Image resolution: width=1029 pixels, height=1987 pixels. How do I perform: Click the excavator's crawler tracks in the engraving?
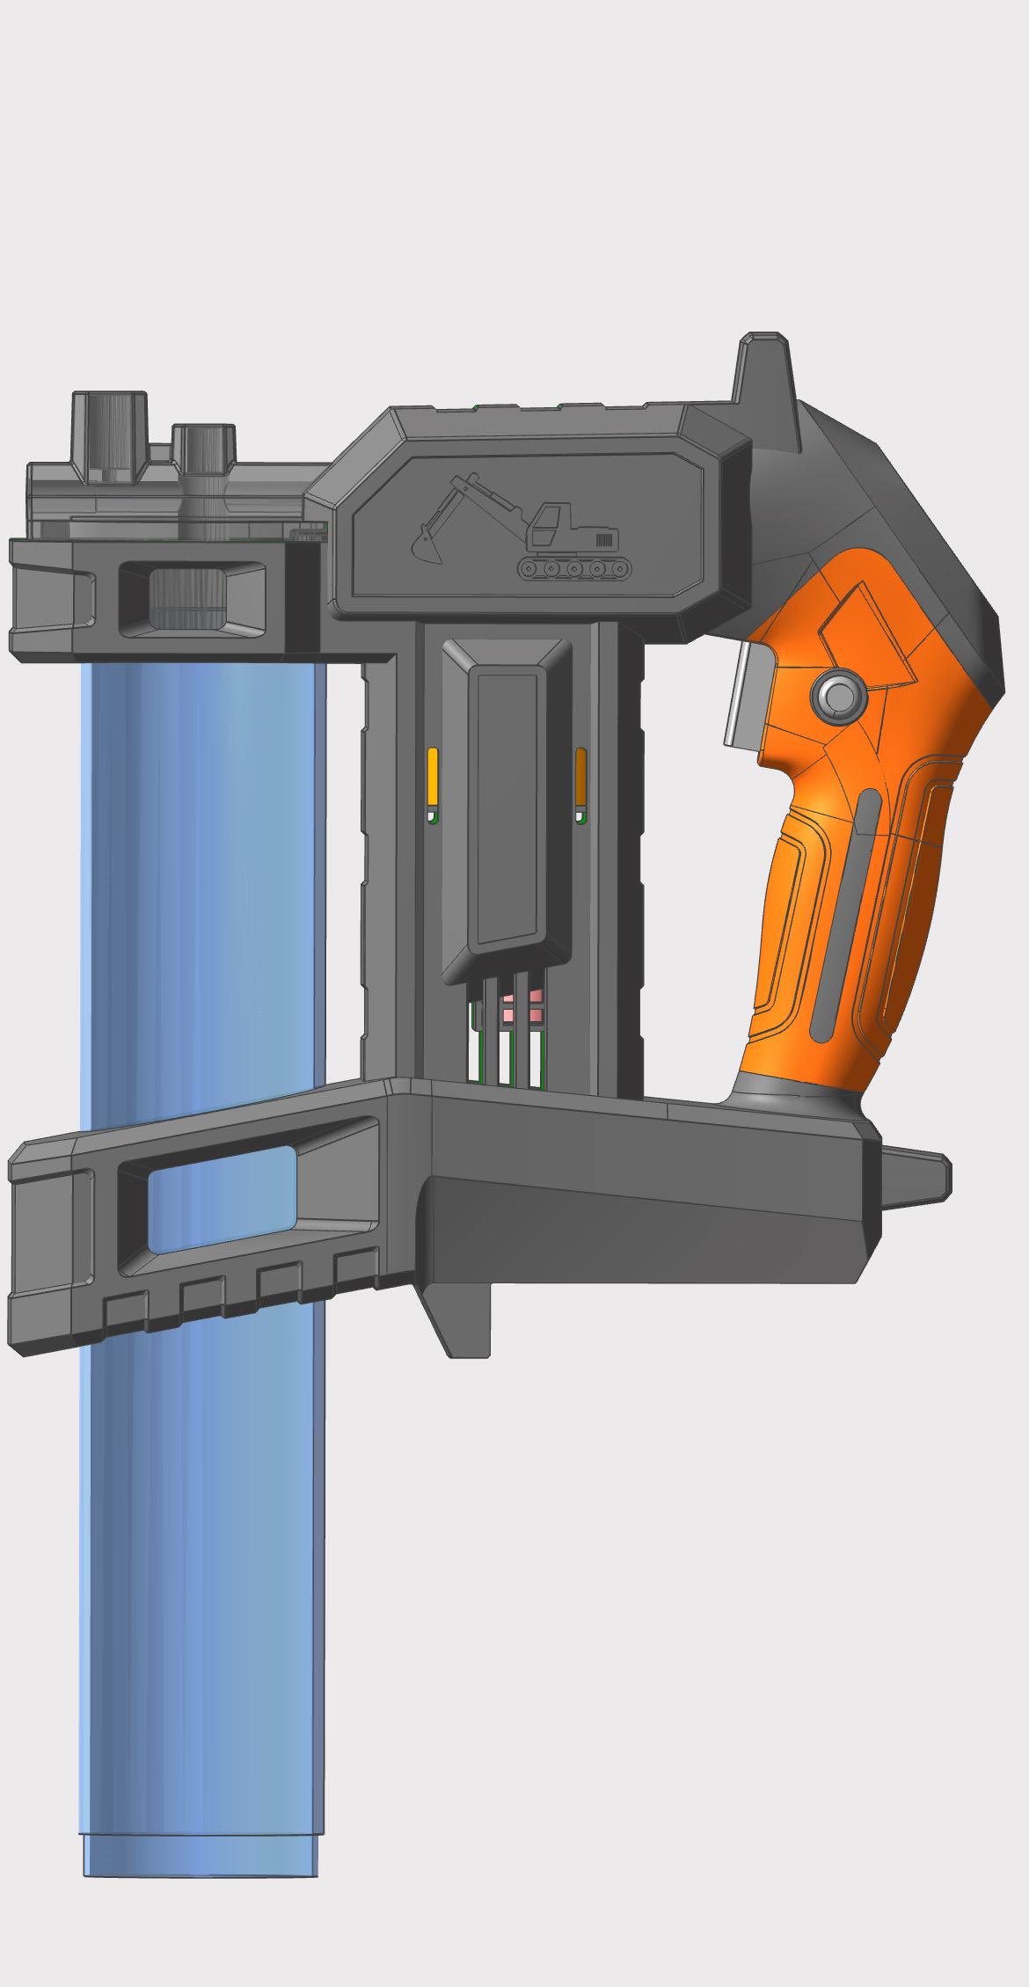coord(575,568)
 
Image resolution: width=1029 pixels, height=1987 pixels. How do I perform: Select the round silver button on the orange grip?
coord(839,696)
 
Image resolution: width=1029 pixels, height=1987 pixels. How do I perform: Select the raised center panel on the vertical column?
coord(506,805)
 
